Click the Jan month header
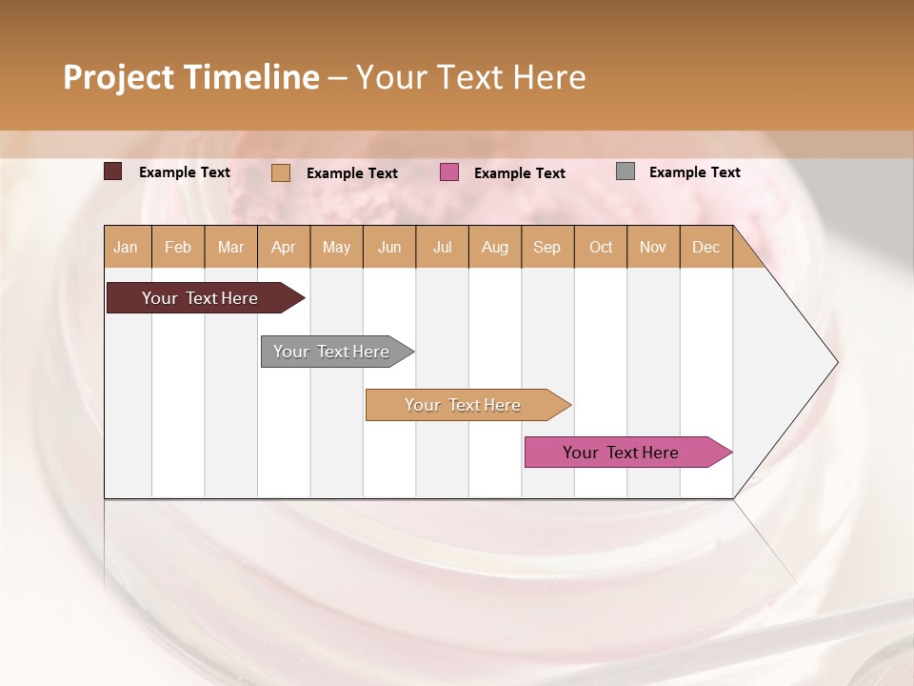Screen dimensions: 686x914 (x=127, y=247)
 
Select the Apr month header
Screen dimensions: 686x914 (x=284, y=247)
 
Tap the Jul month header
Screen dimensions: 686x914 (x=442, y=247)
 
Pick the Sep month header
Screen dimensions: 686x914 (x=547, y=247)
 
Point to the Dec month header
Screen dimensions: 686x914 (x=705, y=247)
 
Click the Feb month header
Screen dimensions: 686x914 (x=178, y=247)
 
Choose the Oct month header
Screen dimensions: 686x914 (x=601, y=247)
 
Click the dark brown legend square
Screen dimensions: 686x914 (x=113, y=171)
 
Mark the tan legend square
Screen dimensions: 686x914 (x=281, y=172)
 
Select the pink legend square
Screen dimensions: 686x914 (x=449, y=172)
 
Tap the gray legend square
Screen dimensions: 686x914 (x=626, y=171)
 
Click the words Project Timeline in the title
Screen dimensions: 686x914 (x=191, y=77)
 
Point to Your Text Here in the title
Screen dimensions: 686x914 (x=470, y=77)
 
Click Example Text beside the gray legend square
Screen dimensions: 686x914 (x=694, y=172)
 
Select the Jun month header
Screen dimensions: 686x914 (x=389, y=247)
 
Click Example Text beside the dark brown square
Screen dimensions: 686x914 (x=185, y=172)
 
